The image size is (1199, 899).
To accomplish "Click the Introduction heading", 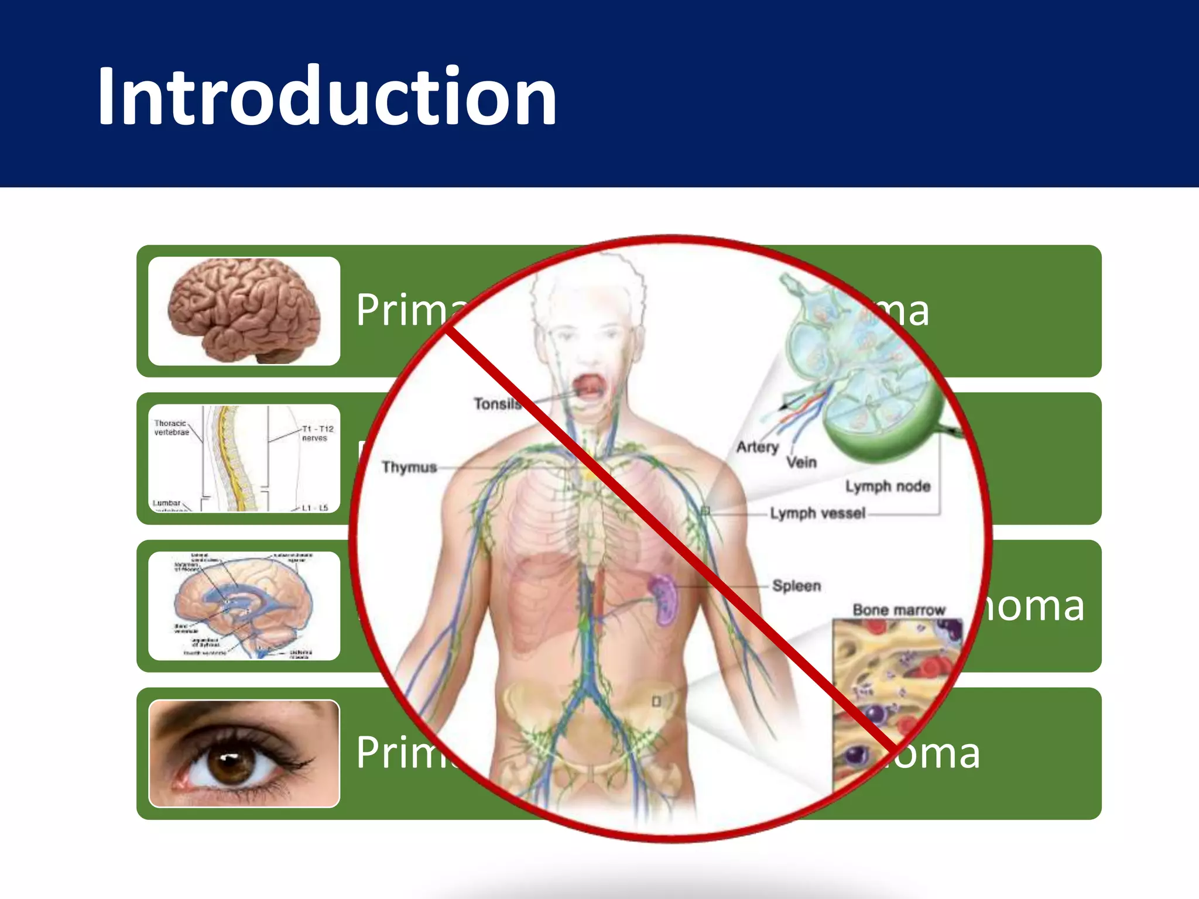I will pyautogui.click(x=327, y=97).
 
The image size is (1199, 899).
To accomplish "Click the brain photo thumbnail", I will pyautogui.click(x=244, y=311).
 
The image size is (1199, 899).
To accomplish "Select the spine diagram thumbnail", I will pyautogui.click(x=244, y=458).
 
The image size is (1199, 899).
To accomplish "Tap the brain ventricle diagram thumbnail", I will pyautogui.click(x=244, y=606).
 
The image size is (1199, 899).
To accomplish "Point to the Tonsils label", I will pyautogui.click(x=497, y=404).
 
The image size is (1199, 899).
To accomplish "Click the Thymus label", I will pyautogui.click(x=409, y=467).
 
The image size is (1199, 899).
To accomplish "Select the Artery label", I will pyautogui.click(x=758, y=447).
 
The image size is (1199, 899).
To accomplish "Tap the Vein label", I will pyautogui.click(x=801, y=462).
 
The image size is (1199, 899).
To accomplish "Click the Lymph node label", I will pyautogui.click(x=888, y=486).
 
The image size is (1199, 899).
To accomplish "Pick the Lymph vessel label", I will pyautogui.click(x=817, y=513).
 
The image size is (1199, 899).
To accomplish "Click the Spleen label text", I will pyautogui.click(x=796, y=585).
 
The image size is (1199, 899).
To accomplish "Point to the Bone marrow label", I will pyautogui.click(x=898, y=610).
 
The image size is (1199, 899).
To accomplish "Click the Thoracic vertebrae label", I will pyautogui.click(x=171, y=428).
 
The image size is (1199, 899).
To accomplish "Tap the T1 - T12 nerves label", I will pyautogui.click(x=317, y=433).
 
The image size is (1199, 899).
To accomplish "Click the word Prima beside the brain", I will pyautogui.click(x=410, y=310).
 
